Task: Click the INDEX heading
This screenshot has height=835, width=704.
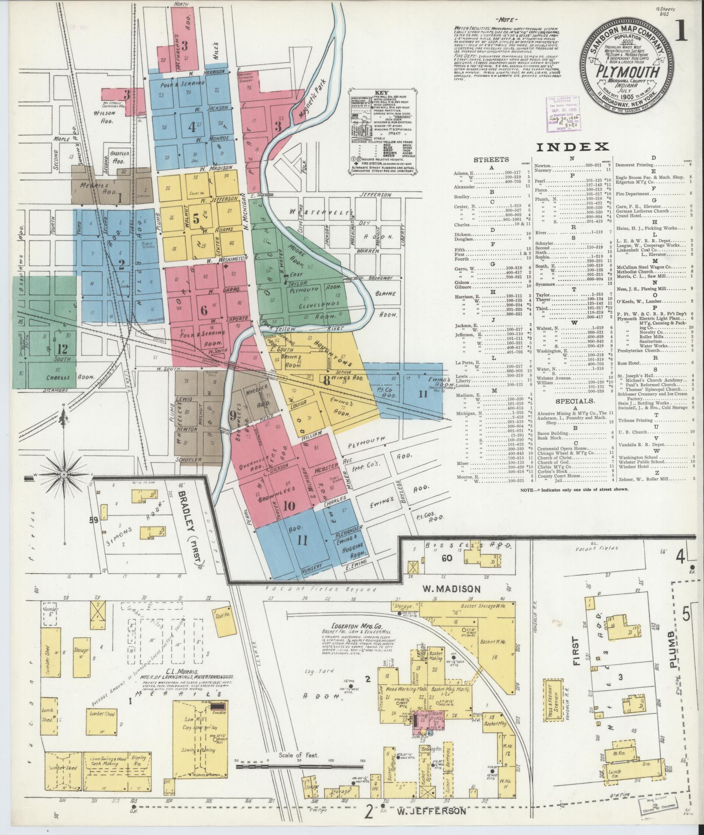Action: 572,148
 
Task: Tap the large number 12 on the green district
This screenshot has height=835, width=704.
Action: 62,349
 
